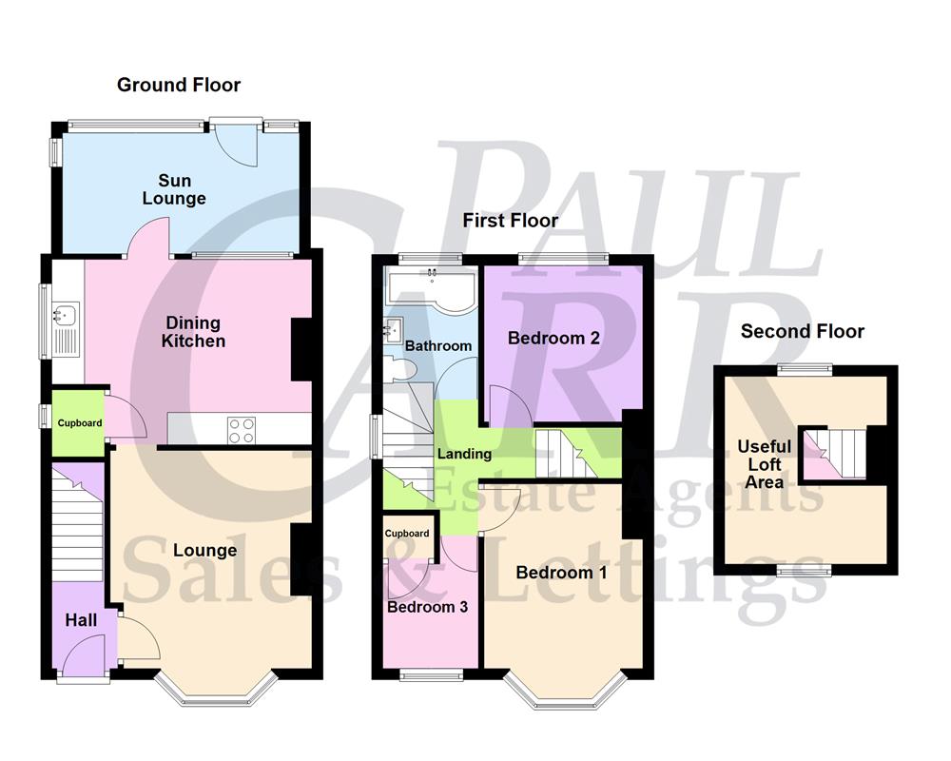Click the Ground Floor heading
pyautogui.click(x=179, y=85)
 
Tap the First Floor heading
pyautogui.click(x=511, y=221)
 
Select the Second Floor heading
pyautogui.click(x=803, y=331)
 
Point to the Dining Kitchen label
pyautogui.click(x=193, y=332)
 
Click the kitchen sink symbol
pyautogui.click(x=66, y=314)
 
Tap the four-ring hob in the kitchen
pyautogui.click(x=240, y=430)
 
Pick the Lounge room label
pyautogui.click(x=205, y=550)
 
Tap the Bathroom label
pyautogui.click(x=438, y=345)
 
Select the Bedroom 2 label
pyautogui.click(x=553, y=338)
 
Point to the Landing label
pyautogui.click(x=464, y=454)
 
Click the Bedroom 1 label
pyautogui.click(x=561, y=573)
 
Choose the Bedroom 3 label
pyautogui.click(x=427, y=606)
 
